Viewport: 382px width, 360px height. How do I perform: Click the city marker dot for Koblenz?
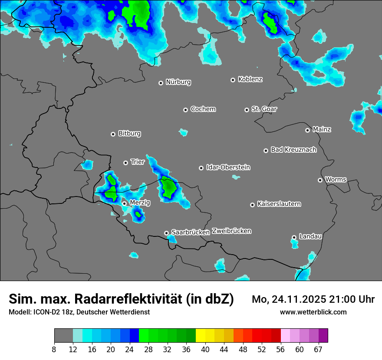pyautogui.click(x=233, y=80)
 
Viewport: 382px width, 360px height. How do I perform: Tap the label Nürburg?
pyautogui.click(x=178, y=82)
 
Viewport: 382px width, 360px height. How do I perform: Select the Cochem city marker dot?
pyautogui.click(x=185, y=110)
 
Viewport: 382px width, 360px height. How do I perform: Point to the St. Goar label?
pyautogui.click(x=264, y=109)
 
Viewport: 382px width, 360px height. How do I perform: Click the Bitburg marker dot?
pyautogui.click(x=113, y=134)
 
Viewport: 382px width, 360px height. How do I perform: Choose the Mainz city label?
pyautogui.click(x=322, y=129)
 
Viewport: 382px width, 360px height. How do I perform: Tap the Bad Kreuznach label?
pyautogui.click(x=293, y=150)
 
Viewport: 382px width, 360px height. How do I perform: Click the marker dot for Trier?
pyautogui.click(x=125, y=163)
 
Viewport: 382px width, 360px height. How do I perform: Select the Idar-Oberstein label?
pyautogui.click(x=228, y=167)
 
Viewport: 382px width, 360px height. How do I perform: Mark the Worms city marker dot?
pyautogui.click(x=320, y=180)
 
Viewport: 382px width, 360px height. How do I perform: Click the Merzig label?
pyautogui.click(x=140, y=203)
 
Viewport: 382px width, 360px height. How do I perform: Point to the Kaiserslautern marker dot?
pyautogui.click(x=252, y=205)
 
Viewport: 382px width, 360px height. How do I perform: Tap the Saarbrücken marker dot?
pyautogui.click(x=166, y=233)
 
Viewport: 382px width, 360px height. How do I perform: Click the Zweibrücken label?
pyautogui.click(x=231, y=231)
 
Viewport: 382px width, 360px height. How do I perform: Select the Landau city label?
pyautogui.click(x=310, y=236)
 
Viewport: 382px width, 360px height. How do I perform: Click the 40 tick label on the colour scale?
pyautogui.click(x=205, y=350)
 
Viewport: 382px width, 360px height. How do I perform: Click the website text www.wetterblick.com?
pyautogui.click(x=313, y=312)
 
